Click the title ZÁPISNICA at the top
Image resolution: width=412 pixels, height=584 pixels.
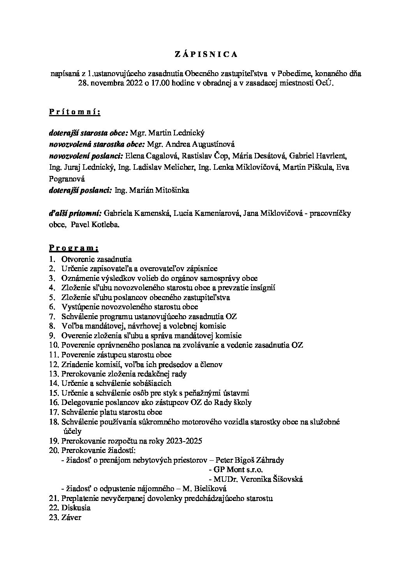(x=206, y=55)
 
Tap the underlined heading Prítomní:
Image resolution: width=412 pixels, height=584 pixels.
(x=74, y=112)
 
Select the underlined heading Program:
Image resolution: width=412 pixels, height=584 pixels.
(x=74, y=248)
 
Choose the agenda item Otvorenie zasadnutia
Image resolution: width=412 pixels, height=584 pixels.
(x=97, y=259)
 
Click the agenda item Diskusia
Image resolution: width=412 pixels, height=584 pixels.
(x=76, y=508)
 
